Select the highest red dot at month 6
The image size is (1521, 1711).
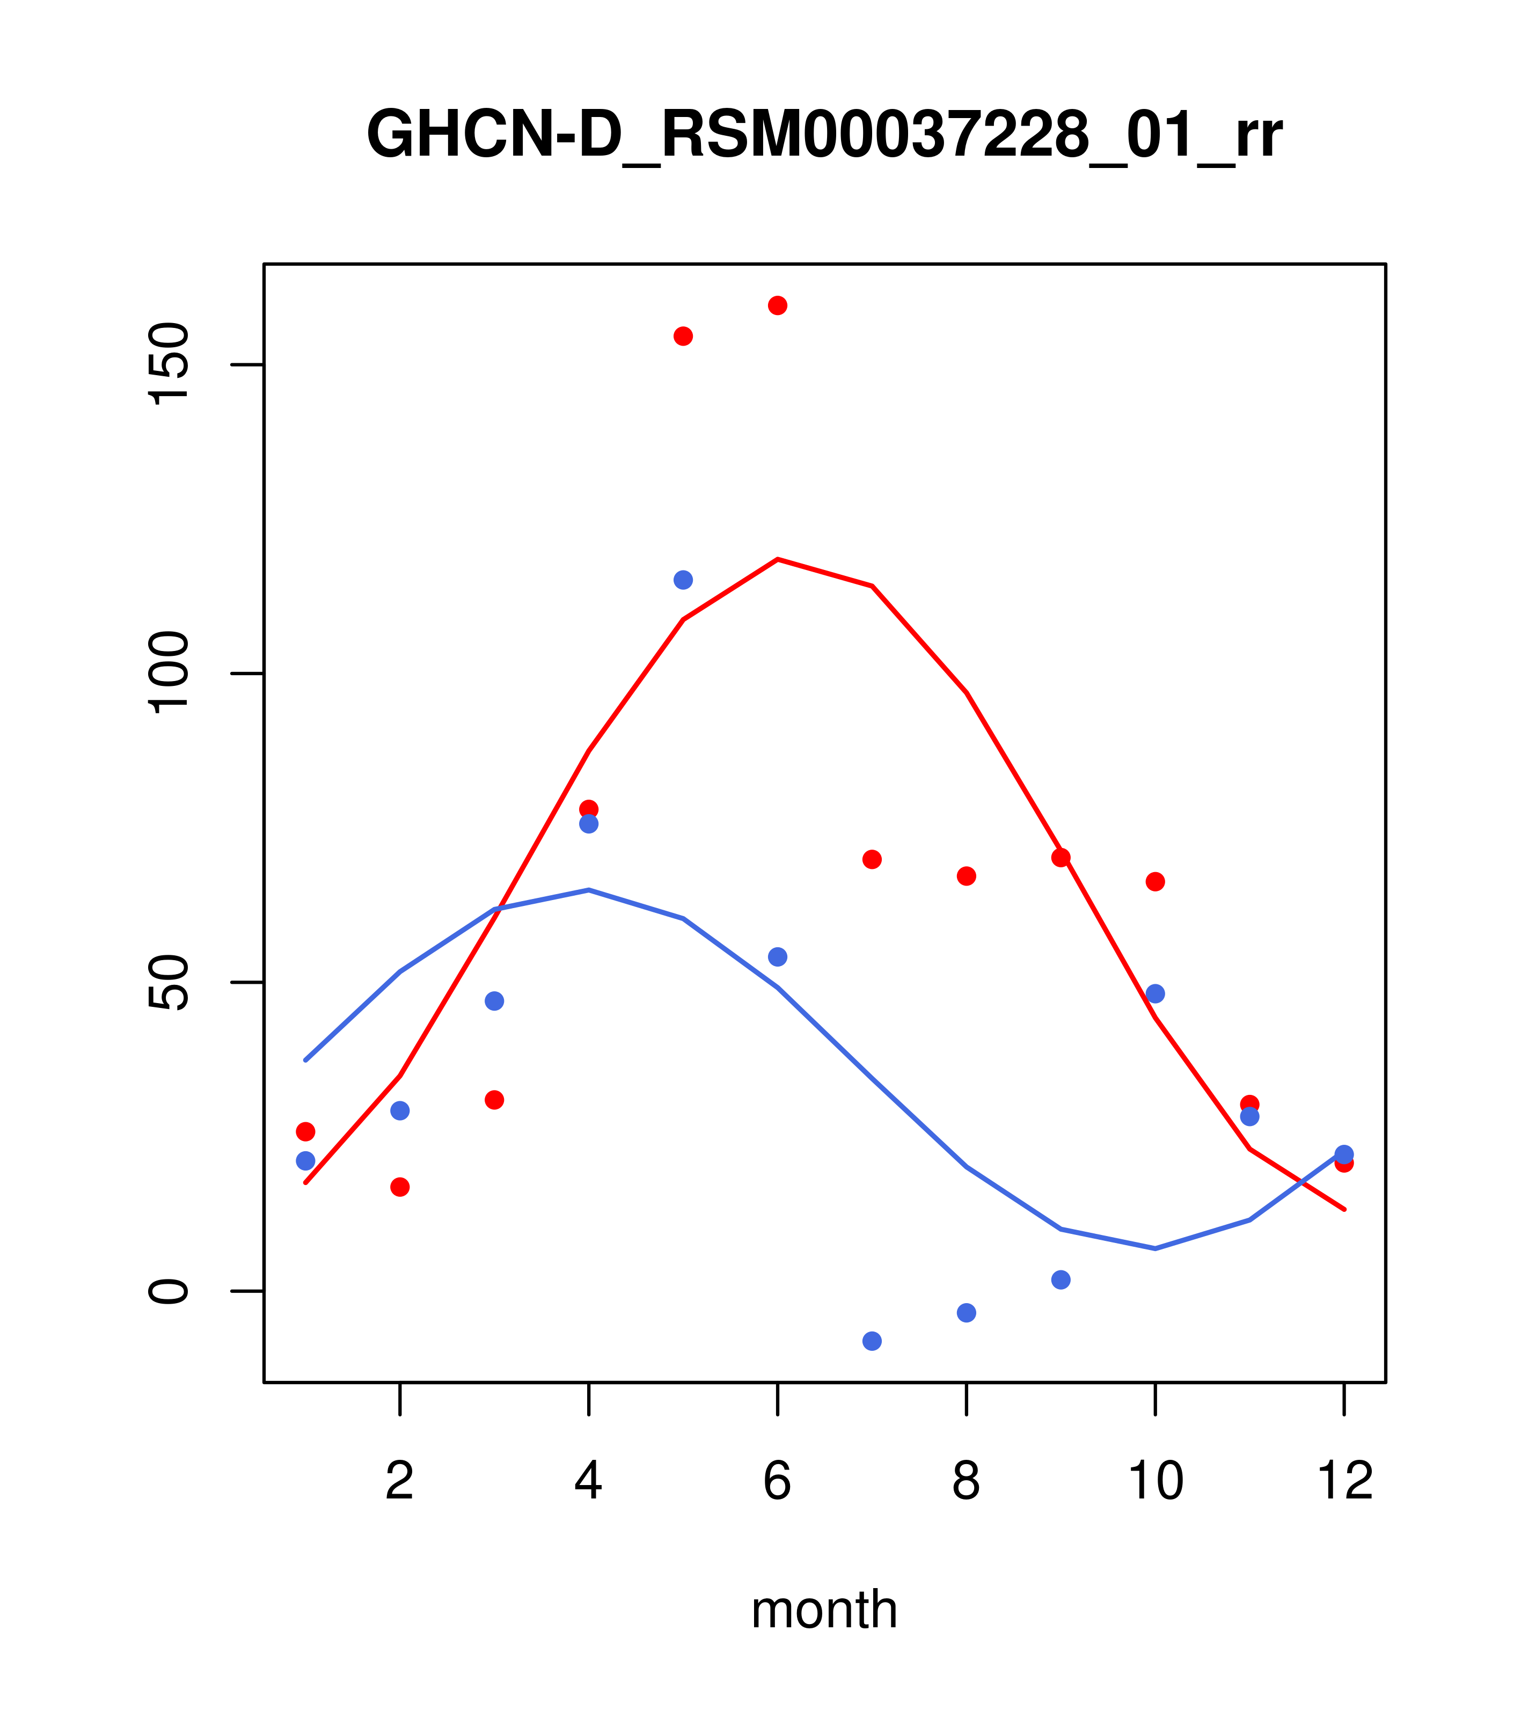(x=778, y=305)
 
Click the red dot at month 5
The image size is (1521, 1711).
(x=683, y=337)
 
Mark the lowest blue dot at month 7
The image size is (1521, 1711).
(x=872, y=1341)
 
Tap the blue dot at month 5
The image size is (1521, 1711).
(x=683, y=580)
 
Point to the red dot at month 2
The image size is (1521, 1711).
(x=400, y=1187)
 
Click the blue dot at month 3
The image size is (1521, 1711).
(x=495, y=1001)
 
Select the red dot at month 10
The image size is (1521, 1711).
(x=1155, y=881)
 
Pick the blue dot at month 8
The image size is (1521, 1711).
(x=967, y=1313)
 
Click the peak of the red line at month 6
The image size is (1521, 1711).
(x=778, y=559)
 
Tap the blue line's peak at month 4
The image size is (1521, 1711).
(x=589, y=890)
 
